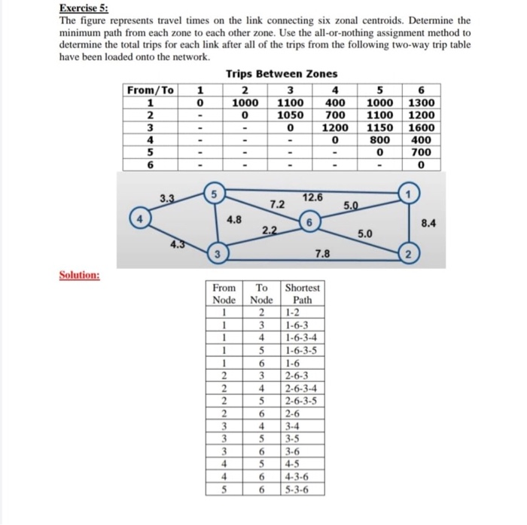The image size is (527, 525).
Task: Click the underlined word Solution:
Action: click(x=80, y=275)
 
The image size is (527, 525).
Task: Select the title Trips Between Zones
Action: click(x=282, y=74)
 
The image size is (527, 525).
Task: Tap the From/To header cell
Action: click(x=150, y=90)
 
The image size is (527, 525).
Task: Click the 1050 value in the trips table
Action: click(x=290, y=115)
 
